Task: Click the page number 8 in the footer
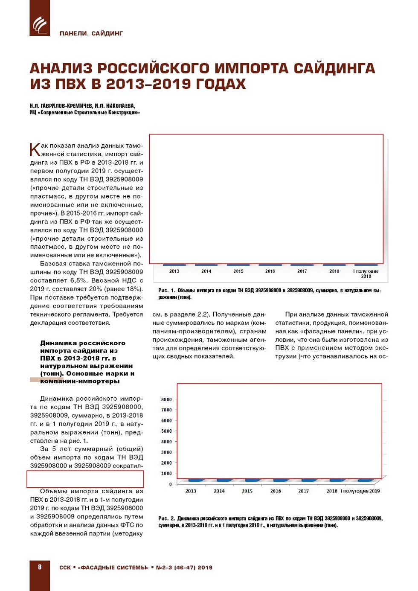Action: click(40, 567)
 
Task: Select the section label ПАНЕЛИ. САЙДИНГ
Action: click(91, 33)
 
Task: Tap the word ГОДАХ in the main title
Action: click(221, 84)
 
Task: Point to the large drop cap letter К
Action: click(35, 150)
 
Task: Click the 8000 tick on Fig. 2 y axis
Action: click(166, 399)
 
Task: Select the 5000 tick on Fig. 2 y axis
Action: click(166, 431)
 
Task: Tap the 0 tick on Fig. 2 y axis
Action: click(170, 484)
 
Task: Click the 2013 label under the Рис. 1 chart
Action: click(174, 271)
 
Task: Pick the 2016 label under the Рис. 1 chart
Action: click(270, 271)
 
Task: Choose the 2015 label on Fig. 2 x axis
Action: click(247, 491)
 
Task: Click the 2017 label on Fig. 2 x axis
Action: click(303, 491)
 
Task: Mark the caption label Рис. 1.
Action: click(167, 291)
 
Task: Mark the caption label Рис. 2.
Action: click(167, 518)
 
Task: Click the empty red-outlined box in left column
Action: click(85, 479)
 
